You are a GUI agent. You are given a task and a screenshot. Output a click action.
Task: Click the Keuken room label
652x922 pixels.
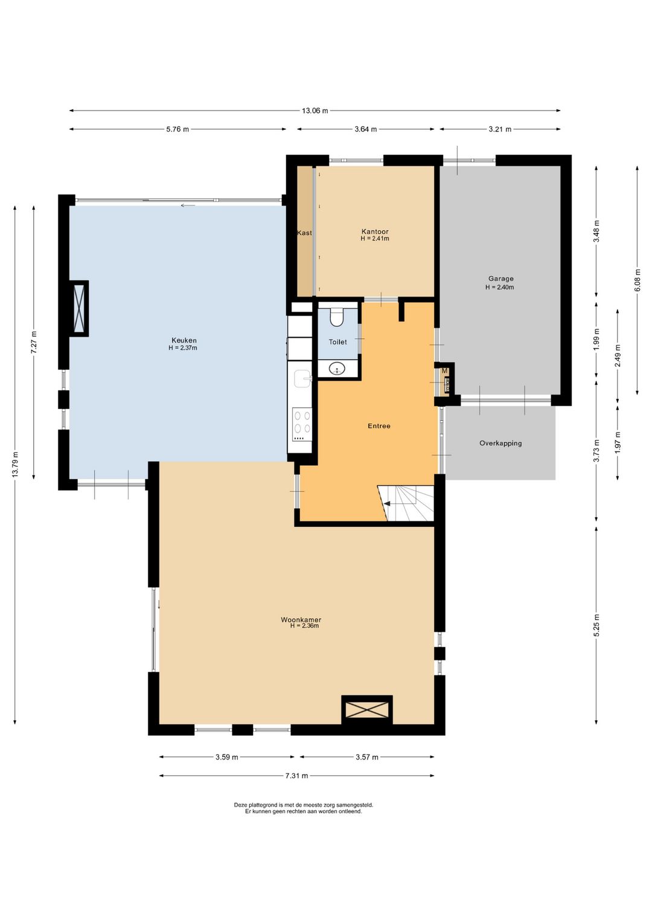coord(184,340)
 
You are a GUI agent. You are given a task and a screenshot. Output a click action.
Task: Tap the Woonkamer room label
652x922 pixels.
coord(301,619)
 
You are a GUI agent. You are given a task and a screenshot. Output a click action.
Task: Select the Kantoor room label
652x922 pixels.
coord(375,231)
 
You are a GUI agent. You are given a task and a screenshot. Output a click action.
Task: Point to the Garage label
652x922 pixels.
coord(500,279)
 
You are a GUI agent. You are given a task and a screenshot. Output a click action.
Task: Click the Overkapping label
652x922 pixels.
coord(500,443)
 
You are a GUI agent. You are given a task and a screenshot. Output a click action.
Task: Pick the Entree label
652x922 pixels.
coord(379,426)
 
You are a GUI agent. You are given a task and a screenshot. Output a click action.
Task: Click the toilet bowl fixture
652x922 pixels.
coord(337,317)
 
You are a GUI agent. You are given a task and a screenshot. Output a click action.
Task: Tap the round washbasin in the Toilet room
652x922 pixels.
coord(337,369)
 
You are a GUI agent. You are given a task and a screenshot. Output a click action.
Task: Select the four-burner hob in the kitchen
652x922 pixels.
coord(301,425)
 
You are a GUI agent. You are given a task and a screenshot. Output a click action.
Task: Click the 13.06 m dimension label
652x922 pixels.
coord(315,111)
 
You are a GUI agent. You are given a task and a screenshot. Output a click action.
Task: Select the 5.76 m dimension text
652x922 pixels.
coord(177,129)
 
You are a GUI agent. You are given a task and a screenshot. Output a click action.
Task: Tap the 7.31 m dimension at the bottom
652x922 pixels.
coord(296,776)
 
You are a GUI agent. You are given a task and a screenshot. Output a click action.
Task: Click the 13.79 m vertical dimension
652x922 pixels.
coord(15,465)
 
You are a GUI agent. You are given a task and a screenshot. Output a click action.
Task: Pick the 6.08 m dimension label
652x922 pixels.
coord(637,280)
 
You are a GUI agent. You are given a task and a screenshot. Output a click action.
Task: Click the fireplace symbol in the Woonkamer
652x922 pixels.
coord(366,709)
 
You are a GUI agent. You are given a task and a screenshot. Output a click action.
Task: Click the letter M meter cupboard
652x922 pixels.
coord(444,371)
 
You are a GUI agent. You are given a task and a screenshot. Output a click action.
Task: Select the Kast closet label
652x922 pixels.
coord(304,233)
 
